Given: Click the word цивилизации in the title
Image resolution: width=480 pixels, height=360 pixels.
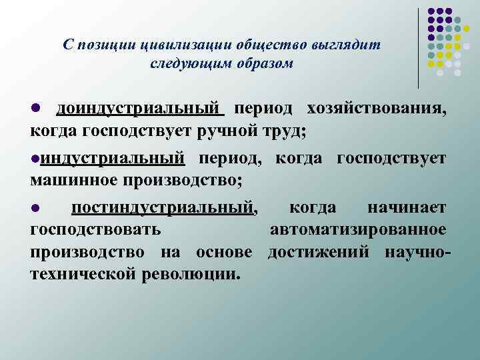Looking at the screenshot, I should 182,45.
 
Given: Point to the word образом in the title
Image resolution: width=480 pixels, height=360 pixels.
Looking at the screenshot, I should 263,63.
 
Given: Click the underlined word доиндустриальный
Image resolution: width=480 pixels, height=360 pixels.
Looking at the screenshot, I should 139,109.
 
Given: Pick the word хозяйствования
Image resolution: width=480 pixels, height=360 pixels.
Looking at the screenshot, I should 377,109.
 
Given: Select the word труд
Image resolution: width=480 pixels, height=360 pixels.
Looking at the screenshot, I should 285,130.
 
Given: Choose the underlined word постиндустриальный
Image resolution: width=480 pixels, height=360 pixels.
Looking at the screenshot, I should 163,209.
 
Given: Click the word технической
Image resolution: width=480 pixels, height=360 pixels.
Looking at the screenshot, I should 83,273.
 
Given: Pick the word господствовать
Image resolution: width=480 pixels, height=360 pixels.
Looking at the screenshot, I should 95,230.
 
